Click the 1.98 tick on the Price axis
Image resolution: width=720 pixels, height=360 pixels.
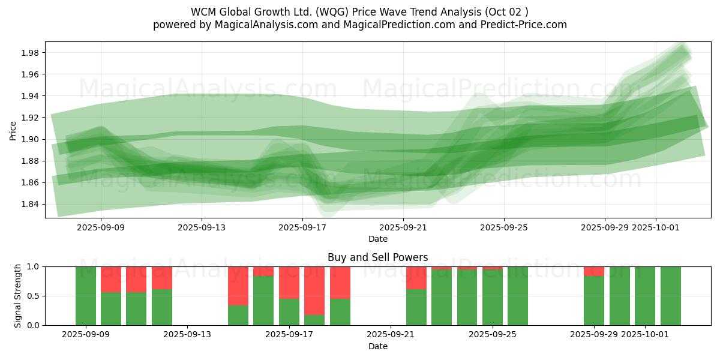click(x=30, y=53)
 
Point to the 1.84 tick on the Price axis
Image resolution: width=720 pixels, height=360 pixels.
click(x=30, y=204)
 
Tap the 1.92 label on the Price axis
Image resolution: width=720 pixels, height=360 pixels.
click(x=30, y=118)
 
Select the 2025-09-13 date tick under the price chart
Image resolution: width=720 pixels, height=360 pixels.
click(x=202, y=227)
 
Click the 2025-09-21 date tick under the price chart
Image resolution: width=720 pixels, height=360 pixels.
click(x=403, y=227)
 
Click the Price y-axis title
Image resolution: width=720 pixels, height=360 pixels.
click(x=13, y=130)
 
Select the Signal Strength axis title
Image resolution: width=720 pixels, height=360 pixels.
click(x=18, y=296)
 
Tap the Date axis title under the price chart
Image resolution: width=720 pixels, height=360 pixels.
click(x=378, y=239)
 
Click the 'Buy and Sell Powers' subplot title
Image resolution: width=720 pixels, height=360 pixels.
click(x=378, y=257)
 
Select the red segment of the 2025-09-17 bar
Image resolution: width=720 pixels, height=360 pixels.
click(x=289, y=283)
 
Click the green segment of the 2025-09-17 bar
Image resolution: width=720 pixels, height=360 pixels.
click(x=289, y=312)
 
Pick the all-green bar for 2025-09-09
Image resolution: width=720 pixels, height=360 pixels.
click(x=86, y=296)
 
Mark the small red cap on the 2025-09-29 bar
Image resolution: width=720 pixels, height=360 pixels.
click(x=594, y=271)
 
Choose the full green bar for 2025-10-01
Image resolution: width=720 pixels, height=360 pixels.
click(x=645, y=296)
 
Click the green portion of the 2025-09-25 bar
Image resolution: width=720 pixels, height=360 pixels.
click(x=493, y=298)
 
